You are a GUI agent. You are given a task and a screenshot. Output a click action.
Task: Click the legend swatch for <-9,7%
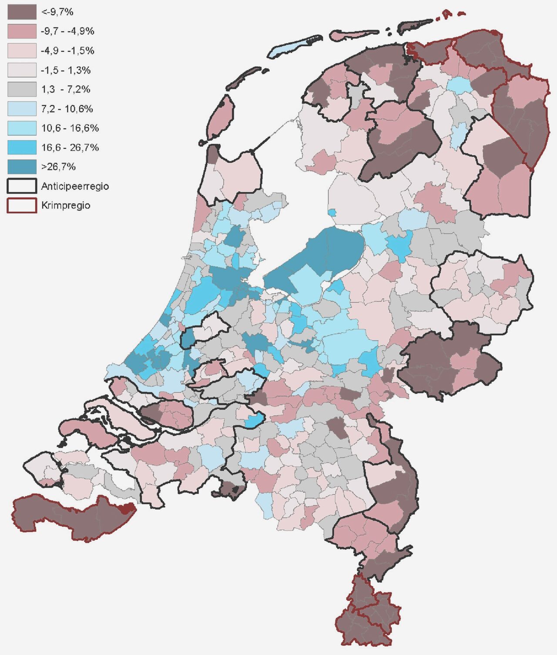pos(22,12)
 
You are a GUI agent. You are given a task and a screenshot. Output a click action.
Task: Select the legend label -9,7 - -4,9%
pos(67,31)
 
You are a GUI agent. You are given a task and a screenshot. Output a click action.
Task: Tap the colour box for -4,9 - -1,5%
pos(22,50)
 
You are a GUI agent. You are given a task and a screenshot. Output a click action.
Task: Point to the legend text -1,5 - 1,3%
pos(66,70)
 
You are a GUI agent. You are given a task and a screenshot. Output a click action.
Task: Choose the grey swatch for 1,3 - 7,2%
pos(22,89)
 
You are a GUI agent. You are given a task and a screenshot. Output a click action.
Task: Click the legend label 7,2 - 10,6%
pos(67,109)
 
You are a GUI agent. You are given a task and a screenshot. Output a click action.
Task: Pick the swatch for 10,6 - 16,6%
pos(22,128)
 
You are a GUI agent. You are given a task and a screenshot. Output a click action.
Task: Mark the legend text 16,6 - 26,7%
pos(70,148)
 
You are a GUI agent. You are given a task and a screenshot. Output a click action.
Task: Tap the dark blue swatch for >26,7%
pos(22,167)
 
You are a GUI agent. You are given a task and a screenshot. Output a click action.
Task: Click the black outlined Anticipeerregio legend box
pos(22,186)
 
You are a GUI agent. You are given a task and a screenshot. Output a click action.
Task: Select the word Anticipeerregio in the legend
pos(75,186)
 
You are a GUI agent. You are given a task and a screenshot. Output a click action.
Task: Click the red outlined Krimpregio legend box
pos(22,205)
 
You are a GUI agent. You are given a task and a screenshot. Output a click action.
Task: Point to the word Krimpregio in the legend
pos(66,205)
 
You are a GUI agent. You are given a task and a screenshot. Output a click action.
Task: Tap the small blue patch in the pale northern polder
pos(332,212)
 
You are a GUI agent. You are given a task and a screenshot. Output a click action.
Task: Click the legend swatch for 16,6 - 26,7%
pos(22,148)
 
